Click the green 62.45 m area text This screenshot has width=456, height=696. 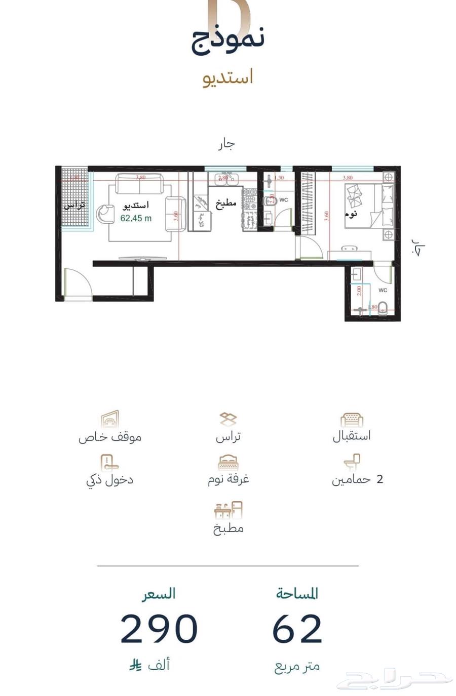click(x=136, y=219)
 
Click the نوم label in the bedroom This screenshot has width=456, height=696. click(x=351, y=213)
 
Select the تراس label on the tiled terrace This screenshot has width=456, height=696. click(x=74, y=206)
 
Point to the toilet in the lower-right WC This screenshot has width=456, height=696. click(x=383, y=308)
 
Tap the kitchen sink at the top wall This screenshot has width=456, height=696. click(x=226, y=178)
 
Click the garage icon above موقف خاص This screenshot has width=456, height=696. click(x=110, y=419)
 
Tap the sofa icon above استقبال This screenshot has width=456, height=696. click(x=352, y=420)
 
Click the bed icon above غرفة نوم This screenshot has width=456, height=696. click(x=228, y=462)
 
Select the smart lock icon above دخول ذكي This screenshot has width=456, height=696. click(x=109, y=462)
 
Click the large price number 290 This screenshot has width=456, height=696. click(x=159, y=629)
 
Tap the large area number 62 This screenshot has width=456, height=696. click(x=297, y=629)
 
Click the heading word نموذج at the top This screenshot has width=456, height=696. click(x=228, y=39)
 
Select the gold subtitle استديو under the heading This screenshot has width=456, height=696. click(x=228, y=78)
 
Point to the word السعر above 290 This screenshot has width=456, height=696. click(x=159, y=593)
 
